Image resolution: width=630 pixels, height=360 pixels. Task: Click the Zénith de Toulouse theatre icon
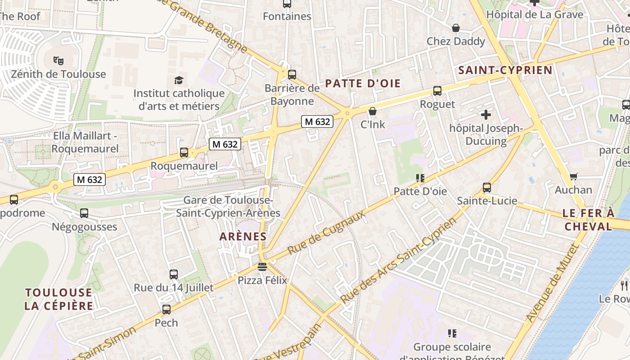click(58, 60)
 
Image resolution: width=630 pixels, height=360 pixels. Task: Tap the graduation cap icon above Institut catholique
click(179, 80)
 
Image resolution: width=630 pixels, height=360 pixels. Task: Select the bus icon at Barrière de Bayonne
click(292, 74)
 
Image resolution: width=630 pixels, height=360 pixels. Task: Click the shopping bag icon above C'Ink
click(373, 111)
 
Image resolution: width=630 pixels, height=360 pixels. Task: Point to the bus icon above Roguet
click(437, 91)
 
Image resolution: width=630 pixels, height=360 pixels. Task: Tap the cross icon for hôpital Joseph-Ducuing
click(486, 114)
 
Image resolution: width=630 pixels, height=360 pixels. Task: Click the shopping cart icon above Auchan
click(573, 176)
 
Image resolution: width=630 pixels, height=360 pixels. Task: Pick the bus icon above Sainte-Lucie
click(486, 187)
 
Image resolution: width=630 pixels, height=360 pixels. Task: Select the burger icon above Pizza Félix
click(262, 267)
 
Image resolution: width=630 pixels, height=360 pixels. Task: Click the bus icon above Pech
click(166, 310)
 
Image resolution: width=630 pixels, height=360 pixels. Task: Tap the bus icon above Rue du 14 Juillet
click(173, 274)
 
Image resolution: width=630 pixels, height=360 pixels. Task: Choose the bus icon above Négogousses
click(84, 213)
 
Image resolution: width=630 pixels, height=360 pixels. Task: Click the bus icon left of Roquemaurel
click(184, 153)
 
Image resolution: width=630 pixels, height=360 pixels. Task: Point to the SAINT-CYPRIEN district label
click(505, 70)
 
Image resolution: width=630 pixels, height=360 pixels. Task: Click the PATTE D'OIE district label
click(363, 83)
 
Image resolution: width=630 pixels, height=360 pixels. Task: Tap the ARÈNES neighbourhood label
click(243, 236)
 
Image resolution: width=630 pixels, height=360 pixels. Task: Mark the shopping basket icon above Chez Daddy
click(456, 28)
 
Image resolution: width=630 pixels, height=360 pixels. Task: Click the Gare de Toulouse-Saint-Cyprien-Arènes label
click(228, 206)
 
